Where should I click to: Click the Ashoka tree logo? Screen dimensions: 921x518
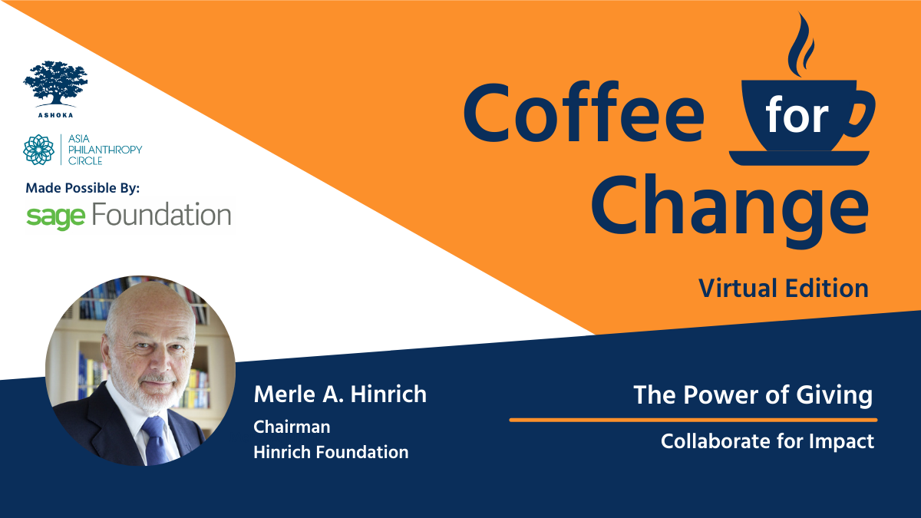(x=55, y=84)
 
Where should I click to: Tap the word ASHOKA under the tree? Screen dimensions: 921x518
(x=55, y=115)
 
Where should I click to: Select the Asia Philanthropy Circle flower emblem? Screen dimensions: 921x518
(x=38, y=150)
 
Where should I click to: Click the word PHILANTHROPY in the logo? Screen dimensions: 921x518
(x=105, y=150)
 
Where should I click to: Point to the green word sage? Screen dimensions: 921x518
(x=55, y=218)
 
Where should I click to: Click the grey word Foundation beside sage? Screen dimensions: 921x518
(x=161, y=215)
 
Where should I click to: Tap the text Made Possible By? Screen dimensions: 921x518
(x=83, y=188)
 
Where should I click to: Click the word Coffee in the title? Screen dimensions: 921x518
(x=584, y=112)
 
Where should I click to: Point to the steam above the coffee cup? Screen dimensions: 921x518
(x=801, y=45)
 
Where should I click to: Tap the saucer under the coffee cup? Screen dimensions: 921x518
(x=799, y=158)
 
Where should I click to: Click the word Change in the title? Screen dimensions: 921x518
(x=730, y=210)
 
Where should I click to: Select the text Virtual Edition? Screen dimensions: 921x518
(x=784, y=289)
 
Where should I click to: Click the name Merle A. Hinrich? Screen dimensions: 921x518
(x=341, y=394)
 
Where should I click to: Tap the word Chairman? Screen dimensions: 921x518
(x=292, y=427)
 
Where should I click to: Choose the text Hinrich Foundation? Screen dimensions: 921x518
(x=331, y=452)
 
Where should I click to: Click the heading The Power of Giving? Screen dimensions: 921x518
(x=753, y=395)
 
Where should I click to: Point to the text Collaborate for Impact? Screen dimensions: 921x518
(x=767, y=441)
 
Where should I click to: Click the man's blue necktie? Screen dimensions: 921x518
(x=155, y=440)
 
